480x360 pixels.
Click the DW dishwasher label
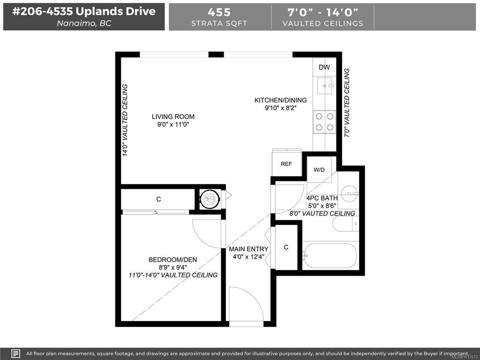pyautogui.click(x=324, y=67)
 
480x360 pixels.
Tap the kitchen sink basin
pyautogui.click(x=324, y=86)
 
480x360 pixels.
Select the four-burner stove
pyautogui.click(x=324, y=122)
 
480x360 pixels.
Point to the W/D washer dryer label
pyautogui.click(x=319, y=170)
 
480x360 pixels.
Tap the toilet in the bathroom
pyautogui.click(x=345, y=224)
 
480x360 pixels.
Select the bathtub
pyautogui.click(x=330, y=255)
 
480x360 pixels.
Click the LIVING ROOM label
pyautogui.click(x=173, y=117)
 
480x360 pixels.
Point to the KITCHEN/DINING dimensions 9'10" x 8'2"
pyautogui.click(x=281, y=108)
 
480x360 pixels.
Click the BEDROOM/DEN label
pyautogui.click(x=172, y=260)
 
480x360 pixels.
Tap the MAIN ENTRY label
pyautogui.click(x=248, y=249)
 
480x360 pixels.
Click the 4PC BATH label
pyautogui.click(x=322, y=198)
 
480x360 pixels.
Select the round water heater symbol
pyautogui.click(x=210, y=199)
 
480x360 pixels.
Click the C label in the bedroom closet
pyautogui.click(x=158, y=199)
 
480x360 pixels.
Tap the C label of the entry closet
pyautogui.click(x=286, y=247)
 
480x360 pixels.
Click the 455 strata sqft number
pyautogui.click(x=219, y=12)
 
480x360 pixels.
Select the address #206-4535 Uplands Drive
pyautogui.click(x=84, y=11)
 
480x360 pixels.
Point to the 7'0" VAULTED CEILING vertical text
pyautogui.click(x=346, y=103)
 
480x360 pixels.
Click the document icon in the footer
pyautogui.click(x=16, y=353)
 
